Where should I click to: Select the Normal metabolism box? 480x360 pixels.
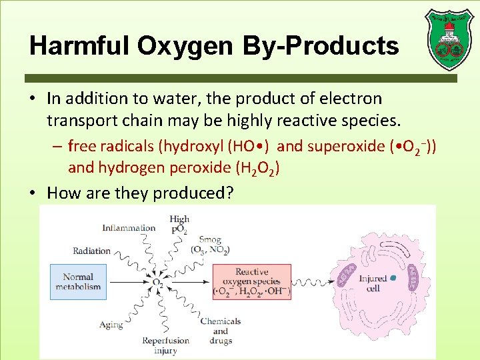point(78,281)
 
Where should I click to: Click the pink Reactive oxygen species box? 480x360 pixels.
point(251,282)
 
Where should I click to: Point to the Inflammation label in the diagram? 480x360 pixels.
point(129,228)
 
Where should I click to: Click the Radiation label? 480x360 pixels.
point(92,251)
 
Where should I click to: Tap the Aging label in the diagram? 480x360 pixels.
point(111,325)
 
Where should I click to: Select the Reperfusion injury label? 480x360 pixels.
point(165,345)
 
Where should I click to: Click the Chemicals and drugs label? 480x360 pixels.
point(220,331)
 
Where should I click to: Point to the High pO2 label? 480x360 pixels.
point(179,223)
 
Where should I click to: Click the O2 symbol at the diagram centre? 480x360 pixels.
point(158,283)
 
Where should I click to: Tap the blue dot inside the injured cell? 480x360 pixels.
point(393,277)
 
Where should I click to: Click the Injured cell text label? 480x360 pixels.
point(373,283)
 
